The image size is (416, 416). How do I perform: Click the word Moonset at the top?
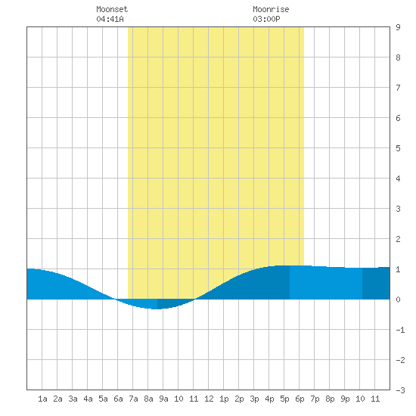[112, 9]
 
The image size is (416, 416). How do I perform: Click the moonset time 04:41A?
[110, 19]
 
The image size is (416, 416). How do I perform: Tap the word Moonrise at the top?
[271, 9]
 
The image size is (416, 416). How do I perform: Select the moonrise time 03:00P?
[266, 19]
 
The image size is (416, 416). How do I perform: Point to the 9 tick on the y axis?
[398, 27]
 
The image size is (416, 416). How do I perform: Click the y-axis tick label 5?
[398, 148]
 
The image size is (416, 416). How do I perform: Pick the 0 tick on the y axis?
[398, 300]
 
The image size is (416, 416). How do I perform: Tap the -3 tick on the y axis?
[400, 390]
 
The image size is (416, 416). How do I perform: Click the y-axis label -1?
[400, 330]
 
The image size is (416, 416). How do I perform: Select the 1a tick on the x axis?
[42, 399]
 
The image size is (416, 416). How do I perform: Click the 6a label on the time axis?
[118, 399]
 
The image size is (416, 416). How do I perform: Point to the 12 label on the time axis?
[209, 399]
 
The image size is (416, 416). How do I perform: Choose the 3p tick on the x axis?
[254, 399]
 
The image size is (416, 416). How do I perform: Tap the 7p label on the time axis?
[315, 399]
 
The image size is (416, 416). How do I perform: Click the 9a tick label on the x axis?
[163, 399]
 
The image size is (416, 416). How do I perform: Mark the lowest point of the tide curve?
[157, 309]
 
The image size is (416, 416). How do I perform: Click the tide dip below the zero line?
[156, 304]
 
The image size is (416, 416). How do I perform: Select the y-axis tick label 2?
[398, 239]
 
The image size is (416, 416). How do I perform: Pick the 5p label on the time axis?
[284, 399]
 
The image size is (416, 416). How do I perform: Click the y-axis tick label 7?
[398, 88]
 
